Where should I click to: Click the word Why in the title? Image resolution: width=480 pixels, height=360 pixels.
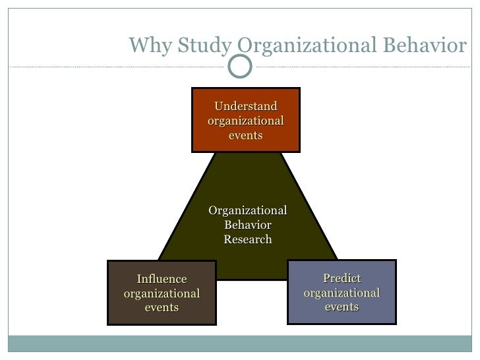(146, 45)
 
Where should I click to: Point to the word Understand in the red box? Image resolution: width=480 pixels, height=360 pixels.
(246, 107)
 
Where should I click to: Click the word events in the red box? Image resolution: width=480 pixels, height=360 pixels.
(246, 135)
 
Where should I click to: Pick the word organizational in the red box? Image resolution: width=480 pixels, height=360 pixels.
(246, 121)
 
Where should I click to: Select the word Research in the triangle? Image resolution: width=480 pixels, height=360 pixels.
(248, 239)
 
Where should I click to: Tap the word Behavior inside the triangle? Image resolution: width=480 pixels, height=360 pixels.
(248, 225)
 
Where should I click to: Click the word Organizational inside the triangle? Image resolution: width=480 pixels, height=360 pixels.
(248, 210)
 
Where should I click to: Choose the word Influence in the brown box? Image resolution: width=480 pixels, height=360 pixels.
(162, 279)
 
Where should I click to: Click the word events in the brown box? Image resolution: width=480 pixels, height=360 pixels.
(162, 307)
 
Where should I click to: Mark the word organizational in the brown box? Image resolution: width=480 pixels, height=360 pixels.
(162, 293)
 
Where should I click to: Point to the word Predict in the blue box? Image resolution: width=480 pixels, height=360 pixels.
(342, 278)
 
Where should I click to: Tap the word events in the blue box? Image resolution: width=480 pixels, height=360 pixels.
(342, 307)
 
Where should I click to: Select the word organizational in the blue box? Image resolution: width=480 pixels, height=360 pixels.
(342, 292)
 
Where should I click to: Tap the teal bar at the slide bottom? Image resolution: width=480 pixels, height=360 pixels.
(240, 344)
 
